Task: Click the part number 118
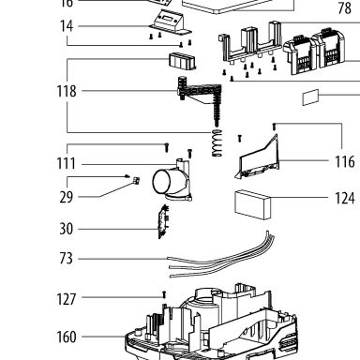coord(67,91)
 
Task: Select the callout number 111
coord(66,163)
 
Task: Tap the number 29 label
coord(66,197)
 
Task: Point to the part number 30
coord(66,229)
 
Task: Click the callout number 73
coord(66,259)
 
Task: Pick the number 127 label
coord(67,299)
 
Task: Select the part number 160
coord(67,337)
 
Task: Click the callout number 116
coord(345,162)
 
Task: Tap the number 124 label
coord(345,198)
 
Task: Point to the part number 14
coord(67,26)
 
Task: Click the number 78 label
coord(345,8)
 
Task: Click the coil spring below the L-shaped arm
coord(217,142)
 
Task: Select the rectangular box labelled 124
coord(252,204)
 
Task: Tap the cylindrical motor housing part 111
coord(172,181)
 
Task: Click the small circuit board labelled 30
coord(163,221)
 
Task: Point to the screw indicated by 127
coord(164,294)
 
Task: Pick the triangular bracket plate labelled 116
coord(257,157)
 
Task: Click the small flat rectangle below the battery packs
coord(310,97)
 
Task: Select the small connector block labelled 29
coord(136,181)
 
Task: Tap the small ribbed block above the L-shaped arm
coord(182,61)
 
